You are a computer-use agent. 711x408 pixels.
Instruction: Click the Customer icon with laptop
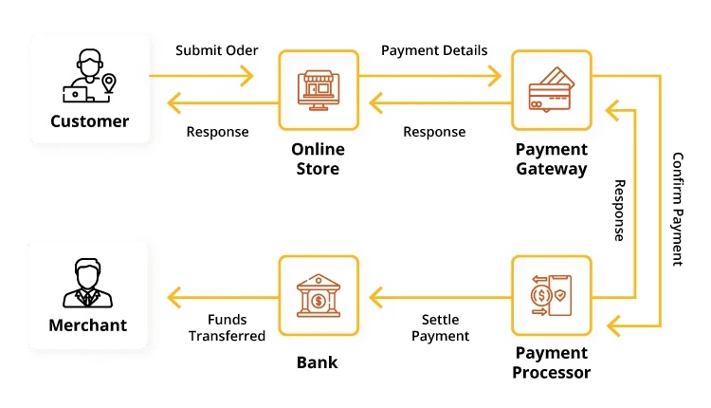(x=88, y=77)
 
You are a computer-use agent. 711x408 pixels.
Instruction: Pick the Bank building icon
(x=319, y=295)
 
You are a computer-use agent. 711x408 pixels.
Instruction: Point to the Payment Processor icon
(x=551, y=295)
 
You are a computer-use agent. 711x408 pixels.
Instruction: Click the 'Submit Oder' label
(x=214, y=50)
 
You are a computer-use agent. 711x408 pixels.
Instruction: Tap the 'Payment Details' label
(x=434, y=50)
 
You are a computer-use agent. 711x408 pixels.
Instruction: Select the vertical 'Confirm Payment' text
(x=677, y=209)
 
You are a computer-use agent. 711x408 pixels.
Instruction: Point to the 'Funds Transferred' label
(x=227, y=327)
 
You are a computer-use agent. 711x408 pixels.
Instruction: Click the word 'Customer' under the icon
(x=89, y=121)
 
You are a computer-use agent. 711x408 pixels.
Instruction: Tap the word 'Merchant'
(x=88, y=325)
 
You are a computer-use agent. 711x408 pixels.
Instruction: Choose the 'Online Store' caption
(x=319, y=159)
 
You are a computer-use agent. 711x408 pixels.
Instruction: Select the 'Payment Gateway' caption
(x=551, y=159)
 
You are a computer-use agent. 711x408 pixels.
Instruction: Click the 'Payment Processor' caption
(x=551, y=363)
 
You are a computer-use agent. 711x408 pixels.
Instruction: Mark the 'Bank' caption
(x=319, y=362)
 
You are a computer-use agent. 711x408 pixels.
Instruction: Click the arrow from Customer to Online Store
(x=214, y=74)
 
